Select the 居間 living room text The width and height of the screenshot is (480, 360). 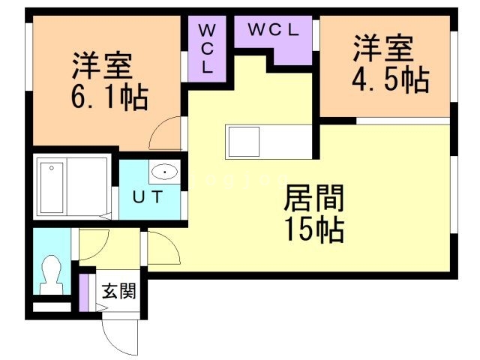313,200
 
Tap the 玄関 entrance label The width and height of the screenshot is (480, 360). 118,291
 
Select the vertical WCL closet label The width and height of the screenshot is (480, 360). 207,46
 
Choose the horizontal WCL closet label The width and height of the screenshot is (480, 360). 274,31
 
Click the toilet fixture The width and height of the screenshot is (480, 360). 52,276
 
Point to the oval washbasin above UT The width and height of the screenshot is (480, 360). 163,173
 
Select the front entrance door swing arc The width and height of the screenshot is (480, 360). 120,334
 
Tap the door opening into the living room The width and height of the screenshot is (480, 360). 163,247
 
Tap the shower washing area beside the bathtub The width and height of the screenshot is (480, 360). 93,187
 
